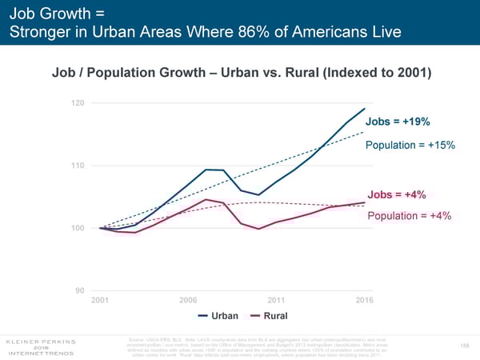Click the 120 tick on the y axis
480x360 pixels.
click(x=77, y=103)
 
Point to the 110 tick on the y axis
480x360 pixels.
click(x=77, y=166)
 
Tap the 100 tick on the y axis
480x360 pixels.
click(x=77, y=228)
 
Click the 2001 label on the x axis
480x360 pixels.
click(x=101, y=299)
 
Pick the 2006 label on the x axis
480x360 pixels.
click(x=189, y=299)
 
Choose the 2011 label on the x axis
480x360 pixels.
click(x=277, y=299)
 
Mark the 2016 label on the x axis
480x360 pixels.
click(x=365, y=299)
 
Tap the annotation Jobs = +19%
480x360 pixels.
click(x=399, y=122)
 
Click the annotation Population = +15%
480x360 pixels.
click(x=410, y=145)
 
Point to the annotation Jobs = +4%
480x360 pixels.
click(x=397, y=194)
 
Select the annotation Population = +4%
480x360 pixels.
click(x=410, y=216)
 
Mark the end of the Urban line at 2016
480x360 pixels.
click(x=365, y=108)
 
